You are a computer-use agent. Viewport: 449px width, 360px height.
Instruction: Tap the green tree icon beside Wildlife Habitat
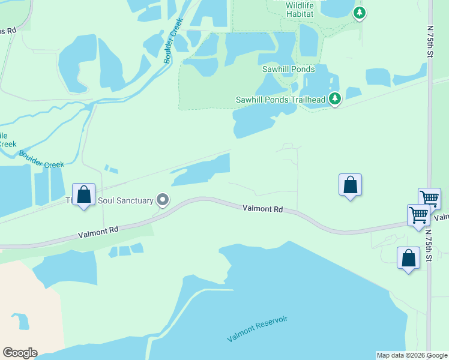pos(359,12)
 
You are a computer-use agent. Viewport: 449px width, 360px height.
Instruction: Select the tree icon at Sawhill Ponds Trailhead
pos(335,98)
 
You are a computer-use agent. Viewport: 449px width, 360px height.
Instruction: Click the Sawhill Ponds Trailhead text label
pos(280,100)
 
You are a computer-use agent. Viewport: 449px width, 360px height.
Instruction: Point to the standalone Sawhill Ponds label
pos(288,70)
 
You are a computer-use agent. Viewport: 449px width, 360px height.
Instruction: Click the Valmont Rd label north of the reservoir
pos(262,209)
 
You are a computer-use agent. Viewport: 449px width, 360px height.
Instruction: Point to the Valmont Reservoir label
pos(258,329)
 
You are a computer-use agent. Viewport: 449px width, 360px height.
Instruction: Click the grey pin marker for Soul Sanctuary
pos(162,200)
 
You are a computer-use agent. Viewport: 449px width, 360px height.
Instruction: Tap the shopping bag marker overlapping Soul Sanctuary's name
pos(84,194)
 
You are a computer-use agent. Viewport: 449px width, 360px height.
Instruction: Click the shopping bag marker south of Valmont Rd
pos(408,259)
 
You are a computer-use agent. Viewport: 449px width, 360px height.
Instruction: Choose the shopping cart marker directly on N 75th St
pos(430,198)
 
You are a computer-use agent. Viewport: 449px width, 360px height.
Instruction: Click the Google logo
pos(20,353)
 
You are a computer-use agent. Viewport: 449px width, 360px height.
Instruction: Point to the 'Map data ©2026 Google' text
pos(411,355)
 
